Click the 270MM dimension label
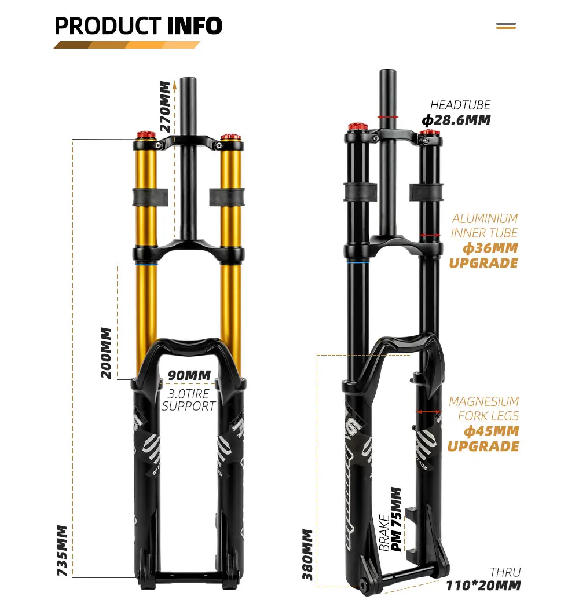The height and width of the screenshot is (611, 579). (166, 107)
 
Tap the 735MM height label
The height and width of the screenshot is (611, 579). (63, 550)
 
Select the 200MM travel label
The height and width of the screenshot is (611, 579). (106, 353)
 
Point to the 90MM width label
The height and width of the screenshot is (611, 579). (189, 375)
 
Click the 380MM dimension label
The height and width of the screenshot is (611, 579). (308, 554)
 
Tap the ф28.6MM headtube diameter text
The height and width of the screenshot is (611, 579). (456, 120)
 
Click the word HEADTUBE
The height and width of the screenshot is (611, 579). (460, 105)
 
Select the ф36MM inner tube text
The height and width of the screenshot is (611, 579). (490, 248)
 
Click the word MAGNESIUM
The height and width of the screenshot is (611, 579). (483, 401)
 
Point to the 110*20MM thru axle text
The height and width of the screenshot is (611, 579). (483, 586)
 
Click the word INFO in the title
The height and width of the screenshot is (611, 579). (195, 26)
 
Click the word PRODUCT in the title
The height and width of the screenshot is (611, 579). (108, 26)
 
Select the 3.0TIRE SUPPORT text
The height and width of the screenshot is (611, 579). (189, 400)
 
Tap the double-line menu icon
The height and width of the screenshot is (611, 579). (506, 26)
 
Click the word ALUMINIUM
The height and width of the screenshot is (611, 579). (485, 218)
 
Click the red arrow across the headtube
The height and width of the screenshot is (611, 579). (387, 116)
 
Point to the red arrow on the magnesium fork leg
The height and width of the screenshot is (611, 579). (429, 412)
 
